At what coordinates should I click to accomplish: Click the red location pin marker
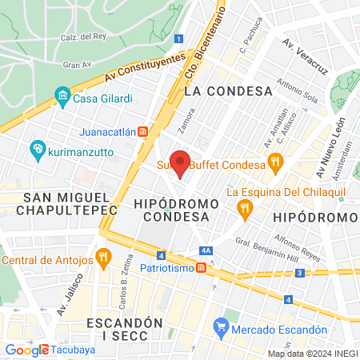[x=181, y=163]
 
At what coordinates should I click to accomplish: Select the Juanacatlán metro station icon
[x=142, y=131]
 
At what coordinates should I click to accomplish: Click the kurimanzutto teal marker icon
[x=36, y=149]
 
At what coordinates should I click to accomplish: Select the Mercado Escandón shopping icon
[x=222, y=328]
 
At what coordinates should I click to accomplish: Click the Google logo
[x=26, y=350]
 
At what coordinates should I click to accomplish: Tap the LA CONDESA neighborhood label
[x=219, y=91]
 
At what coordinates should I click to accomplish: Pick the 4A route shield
[x=206, y=250]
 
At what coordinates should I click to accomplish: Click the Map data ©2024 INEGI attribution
[x=312, y=354]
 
